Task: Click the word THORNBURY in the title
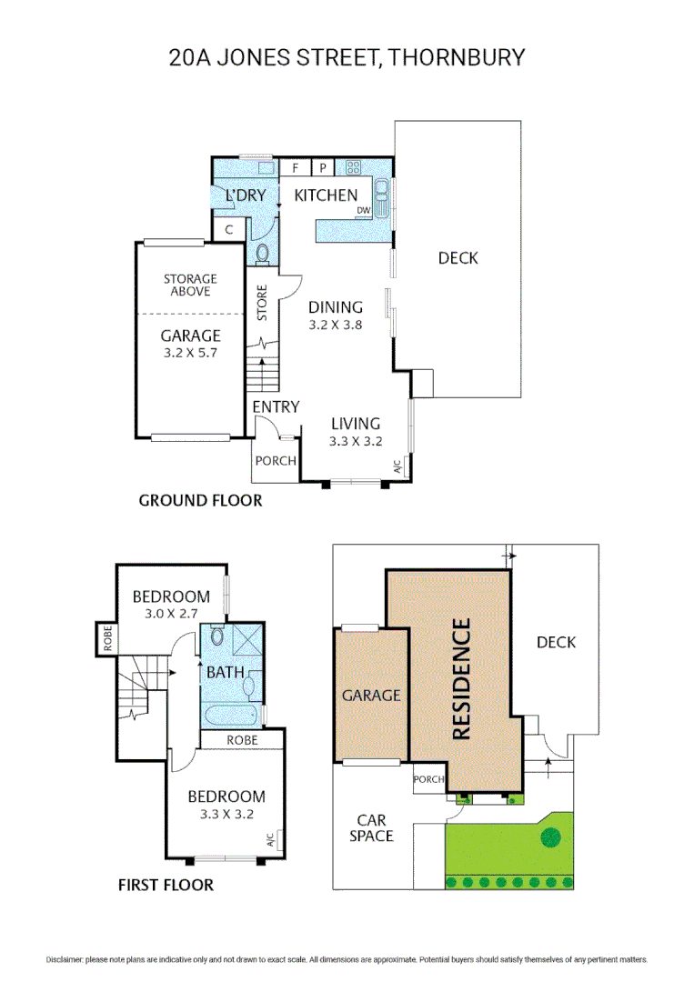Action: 456,57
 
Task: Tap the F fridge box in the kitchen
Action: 295,167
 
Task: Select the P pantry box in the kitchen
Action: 323,167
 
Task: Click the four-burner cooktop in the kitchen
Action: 353,167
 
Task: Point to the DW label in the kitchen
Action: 363,210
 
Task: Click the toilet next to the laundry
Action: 263,254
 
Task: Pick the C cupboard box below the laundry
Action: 228,230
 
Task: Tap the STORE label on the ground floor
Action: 262,303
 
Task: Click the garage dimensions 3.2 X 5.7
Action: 190,353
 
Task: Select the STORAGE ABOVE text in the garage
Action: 190,285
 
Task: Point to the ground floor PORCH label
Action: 276,461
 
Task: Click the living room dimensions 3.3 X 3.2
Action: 356,441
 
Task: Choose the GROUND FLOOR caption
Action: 200,500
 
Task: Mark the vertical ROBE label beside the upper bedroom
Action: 107,638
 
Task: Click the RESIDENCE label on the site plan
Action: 461,679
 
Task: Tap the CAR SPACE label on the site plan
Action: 371,828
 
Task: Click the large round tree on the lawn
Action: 551,837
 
